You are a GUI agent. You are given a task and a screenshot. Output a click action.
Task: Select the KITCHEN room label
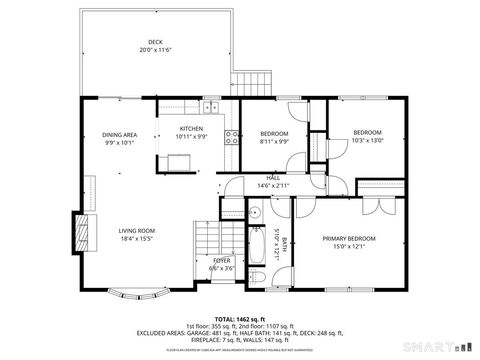pos(192,129)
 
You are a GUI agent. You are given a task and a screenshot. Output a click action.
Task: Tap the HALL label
pos(273,178)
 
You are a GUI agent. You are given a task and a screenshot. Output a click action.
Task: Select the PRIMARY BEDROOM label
pos(349,238)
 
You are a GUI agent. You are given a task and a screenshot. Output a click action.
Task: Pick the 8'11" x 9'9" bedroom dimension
pos(274,142)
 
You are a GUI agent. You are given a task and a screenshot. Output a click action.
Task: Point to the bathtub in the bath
pos(255,241)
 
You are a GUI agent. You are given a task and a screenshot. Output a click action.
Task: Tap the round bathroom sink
pos(255,212)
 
